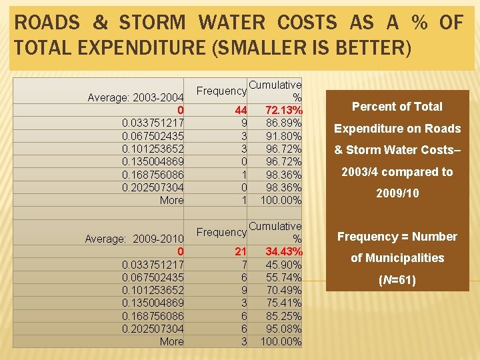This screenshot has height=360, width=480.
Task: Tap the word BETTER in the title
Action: (370, 47)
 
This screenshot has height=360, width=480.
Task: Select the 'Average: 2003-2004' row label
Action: (135, 97)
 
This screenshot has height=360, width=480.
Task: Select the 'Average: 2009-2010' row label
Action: (134, 239)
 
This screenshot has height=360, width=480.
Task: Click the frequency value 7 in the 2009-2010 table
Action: (244, 265)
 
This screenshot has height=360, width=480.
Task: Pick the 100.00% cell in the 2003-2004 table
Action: (281, 200)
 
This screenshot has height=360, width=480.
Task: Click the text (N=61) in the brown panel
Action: (397, 280)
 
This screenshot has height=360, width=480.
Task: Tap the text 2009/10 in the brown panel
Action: (397, 193)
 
